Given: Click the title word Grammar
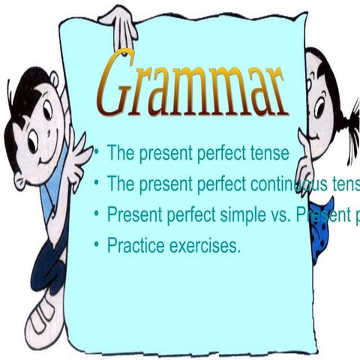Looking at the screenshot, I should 193,85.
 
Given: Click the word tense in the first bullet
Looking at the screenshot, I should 271,154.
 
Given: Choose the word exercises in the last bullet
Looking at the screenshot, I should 205,244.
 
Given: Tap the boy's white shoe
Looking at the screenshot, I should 41,315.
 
